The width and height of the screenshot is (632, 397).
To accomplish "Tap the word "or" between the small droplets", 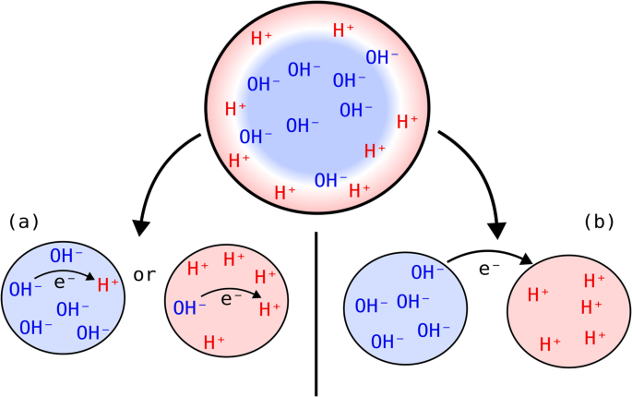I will pyautogui.click(x=146, y=275).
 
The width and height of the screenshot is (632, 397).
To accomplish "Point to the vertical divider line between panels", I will pyautogui.click(x=316, y=314).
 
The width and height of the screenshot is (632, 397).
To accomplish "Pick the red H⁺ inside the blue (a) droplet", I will pyautogui.click(x=109, y=284).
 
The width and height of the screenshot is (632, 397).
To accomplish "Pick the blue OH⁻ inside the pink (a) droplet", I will pyautogui.click(x=189, y=307).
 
